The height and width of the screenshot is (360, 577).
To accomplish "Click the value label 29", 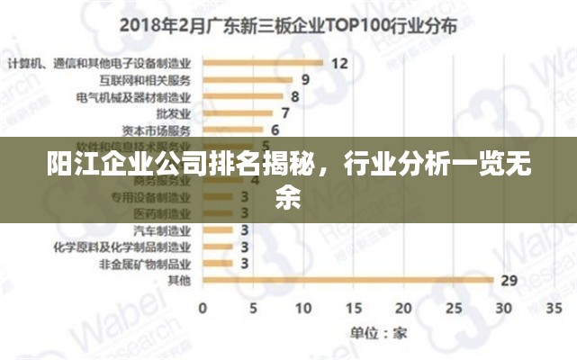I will click(x=509, y=281).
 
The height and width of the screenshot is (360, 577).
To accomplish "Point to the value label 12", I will click(x=339, y=63).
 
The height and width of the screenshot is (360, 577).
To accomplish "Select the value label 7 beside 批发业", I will click(x=285, y=113).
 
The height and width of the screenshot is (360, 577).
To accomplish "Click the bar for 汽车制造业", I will click(x=219, y=229).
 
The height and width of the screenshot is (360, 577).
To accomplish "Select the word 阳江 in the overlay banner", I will click(x=69, y=167).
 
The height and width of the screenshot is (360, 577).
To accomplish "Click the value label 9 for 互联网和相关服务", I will click(x=306, y=79).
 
